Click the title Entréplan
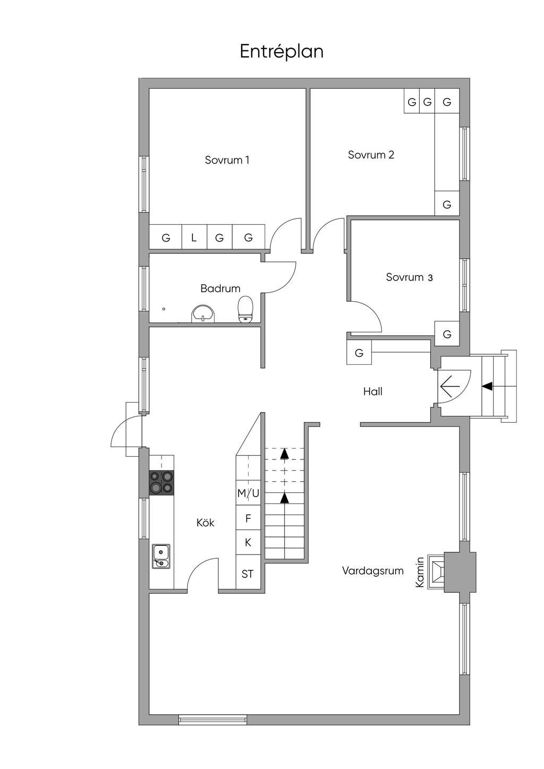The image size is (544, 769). click(282, 52)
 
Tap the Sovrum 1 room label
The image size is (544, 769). click(227, 160)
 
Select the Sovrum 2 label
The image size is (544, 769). click(371, 155)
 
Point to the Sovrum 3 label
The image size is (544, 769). click(409, 277)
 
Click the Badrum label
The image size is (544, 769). click(220, 288)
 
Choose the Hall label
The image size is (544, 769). click(372, 391)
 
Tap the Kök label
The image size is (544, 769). click(205, 523)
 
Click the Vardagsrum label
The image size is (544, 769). click(372, 571)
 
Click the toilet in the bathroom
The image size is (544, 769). click(245, 309)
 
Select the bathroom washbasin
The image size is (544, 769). click(202, 313)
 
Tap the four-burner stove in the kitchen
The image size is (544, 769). click(161, 482)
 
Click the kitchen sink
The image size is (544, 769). click(161, 556)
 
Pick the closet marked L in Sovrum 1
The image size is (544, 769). click(194, 237)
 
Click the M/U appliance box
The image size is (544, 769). click(248, 493)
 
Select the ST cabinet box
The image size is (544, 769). click(248, 574)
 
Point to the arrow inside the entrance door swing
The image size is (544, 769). click(450, 387)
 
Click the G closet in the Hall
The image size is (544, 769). click(359, 353)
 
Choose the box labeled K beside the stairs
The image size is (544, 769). click(248, 542)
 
